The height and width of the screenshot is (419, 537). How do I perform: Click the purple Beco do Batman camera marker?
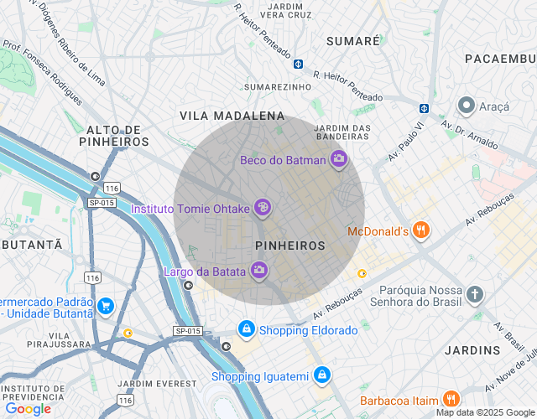[338, 159]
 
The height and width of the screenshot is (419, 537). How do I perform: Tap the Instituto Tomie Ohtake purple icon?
[263, 206]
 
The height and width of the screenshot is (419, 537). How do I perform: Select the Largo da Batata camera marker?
[259, 270]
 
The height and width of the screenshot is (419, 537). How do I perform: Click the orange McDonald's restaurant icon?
[421, 230]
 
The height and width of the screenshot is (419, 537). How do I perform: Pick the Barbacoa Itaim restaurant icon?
[451, 400]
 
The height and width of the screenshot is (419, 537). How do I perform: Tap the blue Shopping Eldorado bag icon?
[246, 329]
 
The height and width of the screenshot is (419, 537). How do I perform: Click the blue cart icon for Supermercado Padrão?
[106, 307]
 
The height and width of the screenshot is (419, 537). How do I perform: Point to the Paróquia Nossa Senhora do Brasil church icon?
[476, 294]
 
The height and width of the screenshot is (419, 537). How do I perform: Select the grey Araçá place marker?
[466, 106]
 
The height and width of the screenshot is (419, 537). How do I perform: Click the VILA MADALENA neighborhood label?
[232, 116]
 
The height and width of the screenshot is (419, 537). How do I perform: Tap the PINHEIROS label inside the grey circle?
[289, 246]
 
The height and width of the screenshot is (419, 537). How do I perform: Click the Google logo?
[28, 409]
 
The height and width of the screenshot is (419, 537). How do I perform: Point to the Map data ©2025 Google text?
[485, 412]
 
